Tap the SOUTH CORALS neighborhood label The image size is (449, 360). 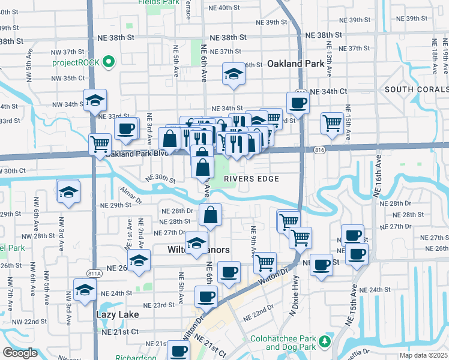click(416, 89)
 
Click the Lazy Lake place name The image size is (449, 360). click(117, 314)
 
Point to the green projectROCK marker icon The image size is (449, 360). click(109, 62)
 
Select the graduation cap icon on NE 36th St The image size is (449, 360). click(234, 74)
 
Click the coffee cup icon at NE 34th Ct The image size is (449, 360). click(298, 103)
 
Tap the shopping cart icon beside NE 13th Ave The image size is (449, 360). click(332, 123)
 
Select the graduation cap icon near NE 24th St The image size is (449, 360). click(85, 290)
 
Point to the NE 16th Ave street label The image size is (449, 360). click(379, 175)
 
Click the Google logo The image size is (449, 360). click(20, 353)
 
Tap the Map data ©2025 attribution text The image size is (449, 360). click(424, 355)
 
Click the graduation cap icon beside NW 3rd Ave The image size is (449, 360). click(68, 191)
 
